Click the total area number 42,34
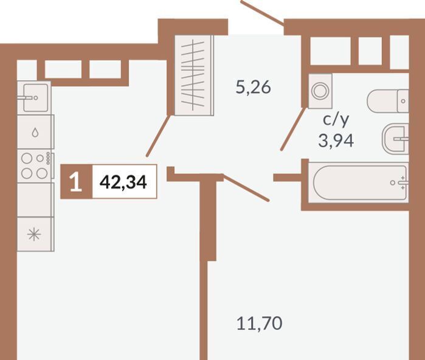tap(123, 182)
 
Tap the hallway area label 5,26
tap(254, 88)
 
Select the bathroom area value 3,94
tap(336, 140)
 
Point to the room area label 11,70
tap(260, 323)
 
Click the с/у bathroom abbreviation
tap(336, 120)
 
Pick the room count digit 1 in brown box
tap(75, 182)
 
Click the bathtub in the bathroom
tap(359, 182)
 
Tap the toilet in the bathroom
tap(388, 101)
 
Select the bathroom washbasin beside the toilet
tap(395, 139)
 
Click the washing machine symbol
tap(320, 91)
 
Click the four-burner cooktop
tap(35, 165)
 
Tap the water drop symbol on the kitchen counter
tap(35, 133)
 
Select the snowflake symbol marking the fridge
tap(34, 234)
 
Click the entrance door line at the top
tap(263, 13)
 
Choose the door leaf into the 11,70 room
tap(246, 187)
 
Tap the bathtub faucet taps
tap(403, 182)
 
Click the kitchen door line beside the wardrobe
tap(158, 136)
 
